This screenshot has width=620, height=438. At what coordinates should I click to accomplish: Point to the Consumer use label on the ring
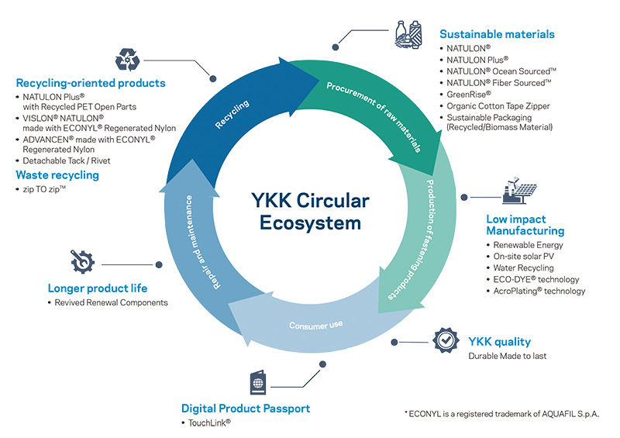315,323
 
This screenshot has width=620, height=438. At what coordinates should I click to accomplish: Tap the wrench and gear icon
81,263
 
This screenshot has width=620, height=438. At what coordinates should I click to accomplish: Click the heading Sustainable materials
497,34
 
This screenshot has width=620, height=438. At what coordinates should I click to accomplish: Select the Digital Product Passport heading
245,408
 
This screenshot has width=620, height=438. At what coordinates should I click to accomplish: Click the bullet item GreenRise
468,92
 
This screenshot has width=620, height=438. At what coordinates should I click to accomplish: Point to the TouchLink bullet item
208,422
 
